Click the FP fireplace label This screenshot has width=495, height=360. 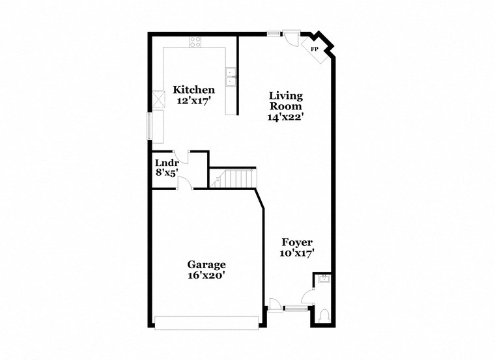314,49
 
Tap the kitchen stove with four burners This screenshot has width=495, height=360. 195,42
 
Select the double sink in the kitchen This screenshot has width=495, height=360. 231,77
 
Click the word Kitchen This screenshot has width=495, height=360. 193,90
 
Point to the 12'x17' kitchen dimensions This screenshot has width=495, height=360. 193,101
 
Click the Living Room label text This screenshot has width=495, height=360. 286,101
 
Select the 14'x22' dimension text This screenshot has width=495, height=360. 285,117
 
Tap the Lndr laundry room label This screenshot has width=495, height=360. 167,163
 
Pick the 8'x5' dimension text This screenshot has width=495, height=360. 166,173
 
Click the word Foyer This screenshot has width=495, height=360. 298,242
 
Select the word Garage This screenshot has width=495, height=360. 206,264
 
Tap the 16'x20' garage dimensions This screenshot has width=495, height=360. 206,275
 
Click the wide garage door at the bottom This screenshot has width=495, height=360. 206,322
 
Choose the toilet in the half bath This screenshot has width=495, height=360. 325,316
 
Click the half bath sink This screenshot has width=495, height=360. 325,279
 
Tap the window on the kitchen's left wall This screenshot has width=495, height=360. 150,126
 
